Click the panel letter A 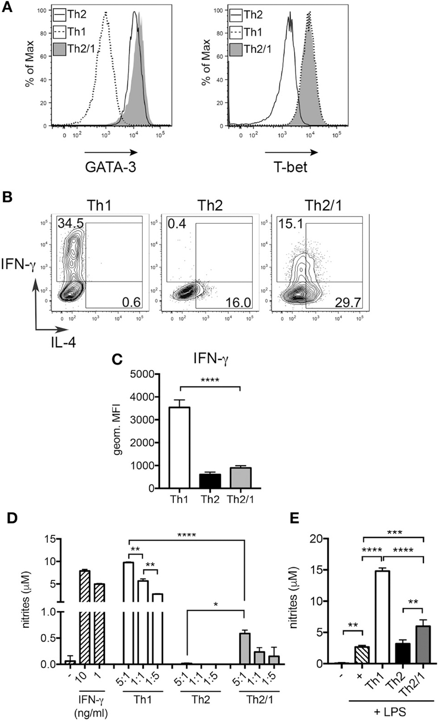tap(8, 9)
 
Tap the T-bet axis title tap(291, 167)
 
